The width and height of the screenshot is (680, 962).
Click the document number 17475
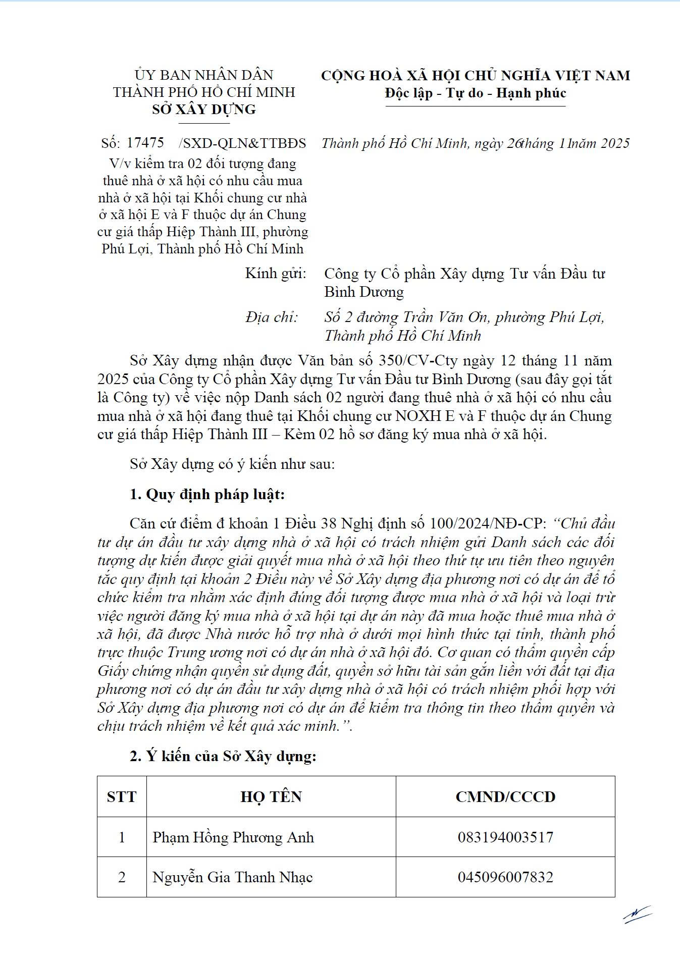145,143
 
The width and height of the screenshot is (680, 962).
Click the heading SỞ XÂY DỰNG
204,110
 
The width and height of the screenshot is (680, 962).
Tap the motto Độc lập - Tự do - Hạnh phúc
475,93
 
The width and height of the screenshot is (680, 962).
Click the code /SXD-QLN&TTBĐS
242,143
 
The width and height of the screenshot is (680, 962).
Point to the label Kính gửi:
276,274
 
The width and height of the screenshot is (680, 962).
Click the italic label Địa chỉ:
272,317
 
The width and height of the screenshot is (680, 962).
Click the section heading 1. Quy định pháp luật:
207,494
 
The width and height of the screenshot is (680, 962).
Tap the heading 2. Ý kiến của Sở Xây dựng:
223,756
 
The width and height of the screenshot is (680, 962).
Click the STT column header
122,797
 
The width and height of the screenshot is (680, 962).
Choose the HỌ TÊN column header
271,797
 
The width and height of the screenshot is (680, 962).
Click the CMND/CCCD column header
505,797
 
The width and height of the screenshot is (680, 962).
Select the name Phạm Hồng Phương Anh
233,837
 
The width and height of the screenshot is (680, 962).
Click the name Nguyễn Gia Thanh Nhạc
233,877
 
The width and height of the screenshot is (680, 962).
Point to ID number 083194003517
505,837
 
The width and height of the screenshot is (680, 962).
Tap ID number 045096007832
505,877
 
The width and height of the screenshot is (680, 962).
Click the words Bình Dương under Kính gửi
364,292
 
